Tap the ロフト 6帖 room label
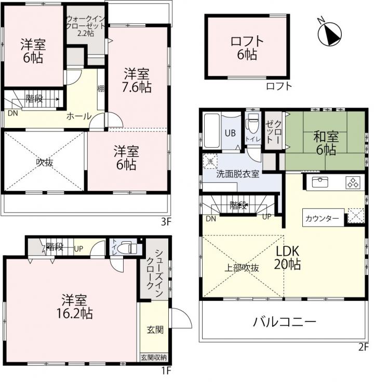[247, 48]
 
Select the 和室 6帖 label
[326, 143]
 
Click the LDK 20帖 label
[287, 257]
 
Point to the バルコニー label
[285, 322]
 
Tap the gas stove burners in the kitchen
[352, 183]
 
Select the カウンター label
[322, 218]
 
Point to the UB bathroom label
[230, 133]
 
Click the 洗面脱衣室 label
[238, 174]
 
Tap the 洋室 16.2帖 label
[74, 307]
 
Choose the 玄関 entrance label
[155, 330]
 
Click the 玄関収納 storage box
[154, 358]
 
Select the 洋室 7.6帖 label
[137, 81]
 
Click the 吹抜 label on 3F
[45, 162]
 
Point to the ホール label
[79, 116]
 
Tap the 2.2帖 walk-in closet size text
[86, 33]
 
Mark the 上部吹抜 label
[242, 268]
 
